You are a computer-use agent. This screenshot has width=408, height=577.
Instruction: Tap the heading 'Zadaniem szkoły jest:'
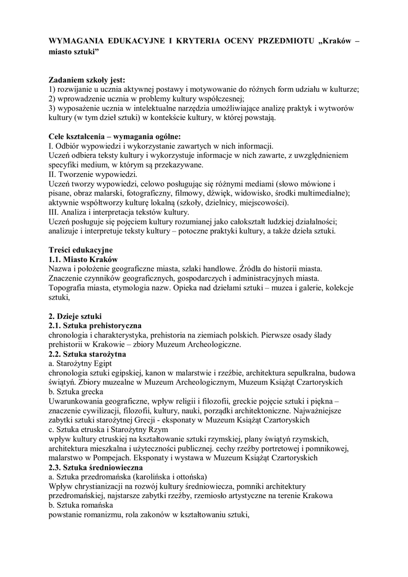tap(87, 80)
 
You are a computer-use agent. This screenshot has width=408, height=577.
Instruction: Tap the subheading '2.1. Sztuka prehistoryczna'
tap(95, 326)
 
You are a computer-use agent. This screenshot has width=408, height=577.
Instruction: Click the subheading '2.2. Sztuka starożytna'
tap(87, 354)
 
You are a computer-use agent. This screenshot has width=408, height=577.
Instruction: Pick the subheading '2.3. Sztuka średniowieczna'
tap(96, 467)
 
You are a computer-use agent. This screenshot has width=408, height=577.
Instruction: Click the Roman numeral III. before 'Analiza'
tap(55, 212)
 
